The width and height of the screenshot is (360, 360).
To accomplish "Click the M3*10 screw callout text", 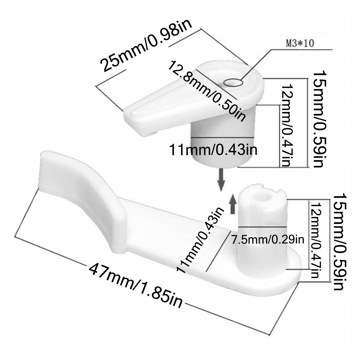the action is [300, 43].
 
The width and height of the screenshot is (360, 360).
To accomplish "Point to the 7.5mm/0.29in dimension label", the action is [268, 240].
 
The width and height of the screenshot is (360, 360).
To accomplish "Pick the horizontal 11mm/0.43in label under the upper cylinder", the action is [213, 149].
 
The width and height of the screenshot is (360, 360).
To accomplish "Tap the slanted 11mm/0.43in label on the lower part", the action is [199, 240].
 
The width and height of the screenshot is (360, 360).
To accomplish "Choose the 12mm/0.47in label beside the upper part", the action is [287, 125].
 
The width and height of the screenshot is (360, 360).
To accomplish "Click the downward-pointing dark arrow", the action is [221, 180].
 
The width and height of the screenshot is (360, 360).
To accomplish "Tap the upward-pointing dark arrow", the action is [233, 204].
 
